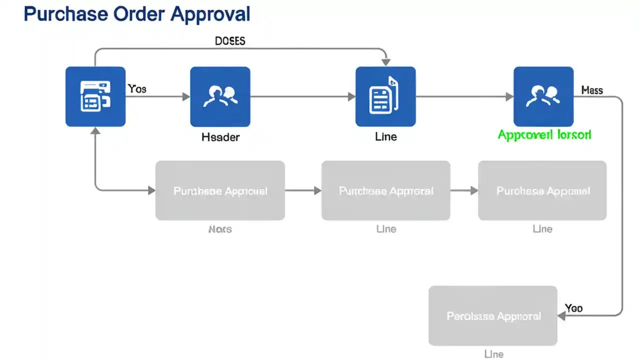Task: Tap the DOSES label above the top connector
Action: pyautogui.click(x=230, y=41)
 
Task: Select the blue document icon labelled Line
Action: pyautogui.click(x=385, y=96)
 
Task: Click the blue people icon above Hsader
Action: pyautogui.click(x=220, y=96)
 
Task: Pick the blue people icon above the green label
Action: pyautogui.click(x=543, y=96)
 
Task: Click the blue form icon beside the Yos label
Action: pyautogui.click(x=95, y=96)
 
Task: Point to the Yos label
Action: pyautogui.click(x=137, y=89)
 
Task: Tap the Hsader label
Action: pyautogui.click(x=220, y=137)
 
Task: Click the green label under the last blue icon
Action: pyautogui.click(x=544, y=134)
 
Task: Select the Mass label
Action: pyautogui.click(x=592, y=90)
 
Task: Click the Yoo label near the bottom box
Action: pyautogui.click(x=573, y=308)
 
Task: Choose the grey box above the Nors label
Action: pyautogui.click(x=220, y=190)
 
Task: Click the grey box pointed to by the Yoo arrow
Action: pyautogui.click(x=493, y=316)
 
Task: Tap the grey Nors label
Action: pyautogui.click(x=220, y=229)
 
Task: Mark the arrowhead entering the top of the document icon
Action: pyautogui.click(x=385, y=62)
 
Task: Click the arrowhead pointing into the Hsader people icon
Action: pyautogui.click(x=186, y=96)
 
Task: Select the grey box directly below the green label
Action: pyautogui.click(x=542, y=190)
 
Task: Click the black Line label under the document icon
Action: pyautogui.click(x=385, y=136)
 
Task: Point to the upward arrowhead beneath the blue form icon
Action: pyautogui.click(x=95, y=131)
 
